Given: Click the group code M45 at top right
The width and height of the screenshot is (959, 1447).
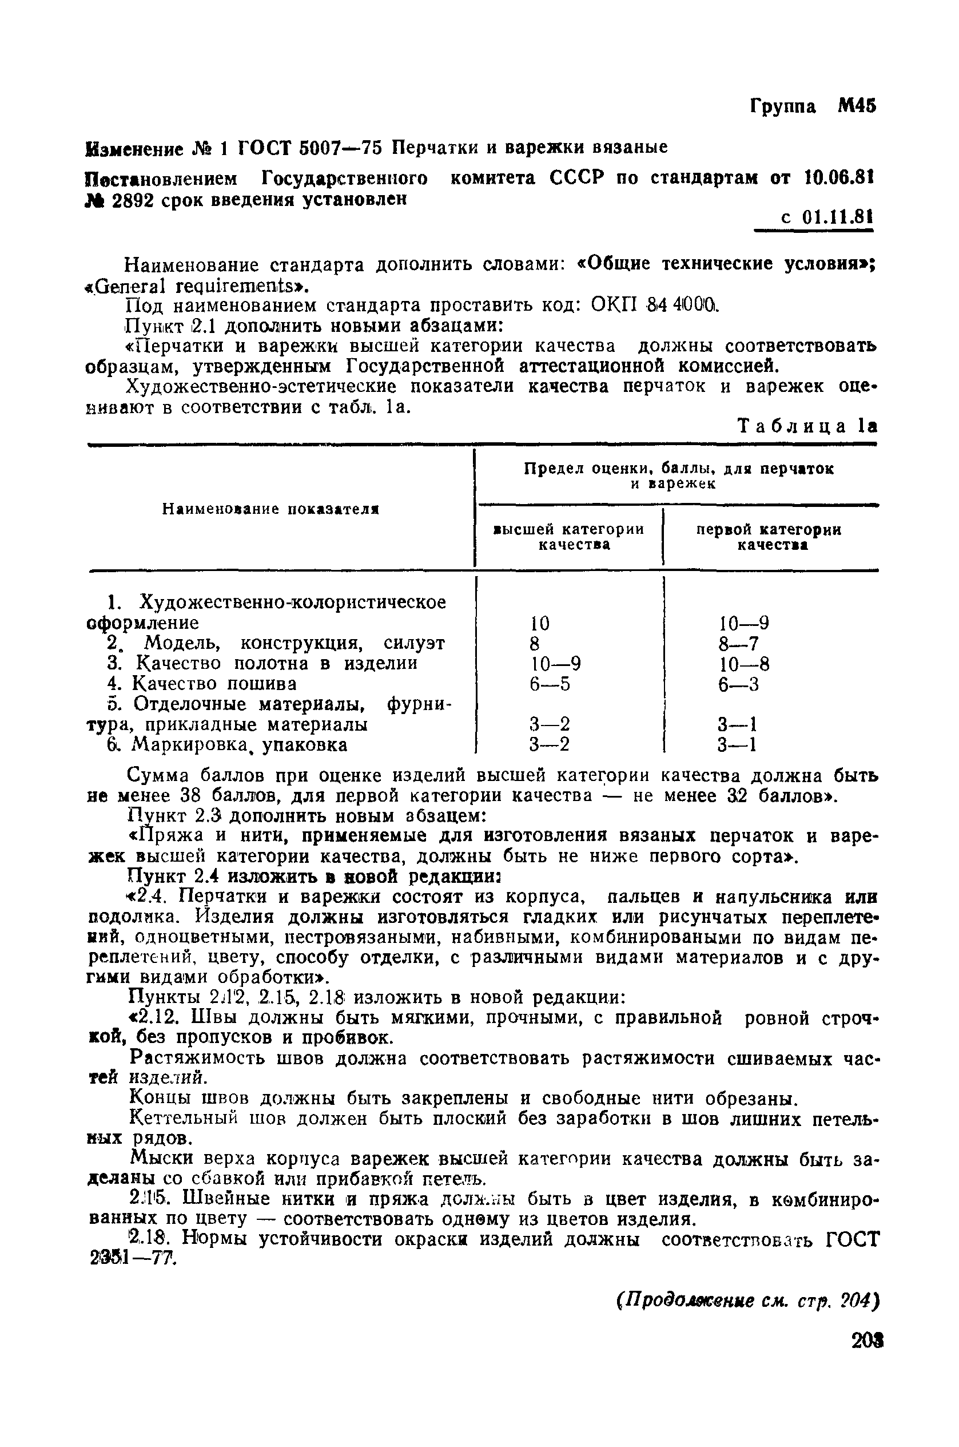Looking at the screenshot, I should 857,106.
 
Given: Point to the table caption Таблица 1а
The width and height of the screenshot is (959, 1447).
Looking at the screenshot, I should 807,426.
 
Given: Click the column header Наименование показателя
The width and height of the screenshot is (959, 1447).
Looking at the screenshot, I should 271,509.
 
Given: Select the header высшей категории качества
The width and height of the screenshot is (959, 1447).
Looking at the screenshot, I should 569,537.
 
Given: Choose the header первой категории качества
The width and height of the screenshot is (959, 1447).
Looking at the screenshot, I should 769,537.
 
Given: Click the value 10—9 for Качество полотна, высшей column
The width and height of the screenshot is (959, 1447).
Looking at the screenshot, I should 555,664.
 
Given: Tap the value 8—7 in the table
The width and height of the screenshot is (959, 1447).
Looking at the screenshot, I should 738,644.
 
